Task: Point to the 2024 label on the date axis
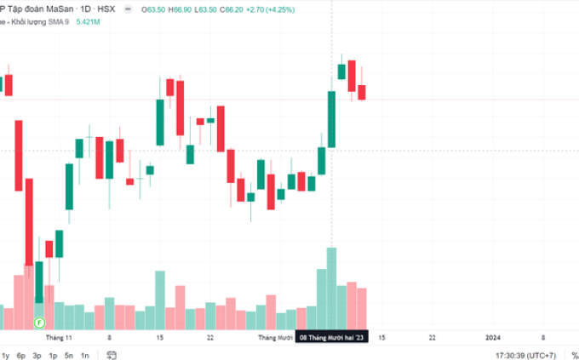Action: click(x=493, y=337)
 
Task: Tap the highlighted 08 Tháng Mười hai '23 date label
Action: click(x=332, y=337)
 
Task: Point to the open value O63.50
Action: click(x=154, y=9)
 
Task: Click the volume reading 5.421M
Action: click(x=89, y=21)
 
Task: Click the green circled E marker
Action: click(x=38, y=323)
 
